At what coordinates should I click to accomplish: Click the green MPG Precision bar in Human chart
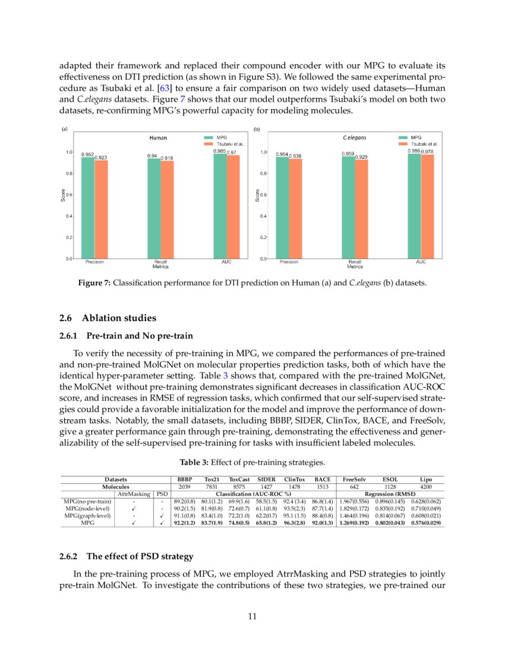87,208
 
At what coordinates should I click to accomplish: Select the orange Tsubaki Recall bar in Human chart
167,210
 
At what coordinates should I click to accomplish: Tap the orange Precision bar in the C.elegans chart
295,209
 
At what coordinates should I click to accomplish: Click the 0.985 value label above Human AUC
219,151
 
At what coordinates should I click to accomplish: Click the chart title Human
157,138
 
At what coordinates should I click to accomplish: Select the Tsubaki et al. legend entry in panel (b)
424,144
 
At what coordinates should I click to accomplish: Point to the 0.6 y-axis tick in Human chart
69,195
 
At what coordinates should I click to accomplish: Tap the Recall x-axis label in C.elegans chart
355,262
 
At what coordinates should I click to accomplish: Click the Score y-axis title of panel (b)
257,195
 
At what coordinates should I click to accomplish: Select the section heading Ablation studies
119,317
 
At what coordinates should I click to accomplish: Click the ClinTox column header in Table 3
293,479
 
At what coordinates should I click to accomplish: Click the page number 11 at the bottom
252,616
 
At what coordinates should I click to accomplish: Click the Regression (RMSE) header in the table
390,494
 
